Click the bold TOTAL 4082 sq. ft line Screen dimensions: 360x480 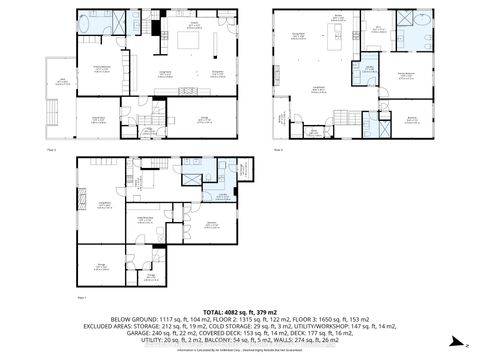point(240,311)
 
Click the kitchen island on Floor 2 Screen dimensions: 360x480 point(187,42)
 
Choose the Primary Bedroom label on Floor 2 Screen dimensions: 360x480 point(101,68)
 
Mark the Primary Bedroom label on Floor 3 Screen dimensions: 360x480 point(405,73)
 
